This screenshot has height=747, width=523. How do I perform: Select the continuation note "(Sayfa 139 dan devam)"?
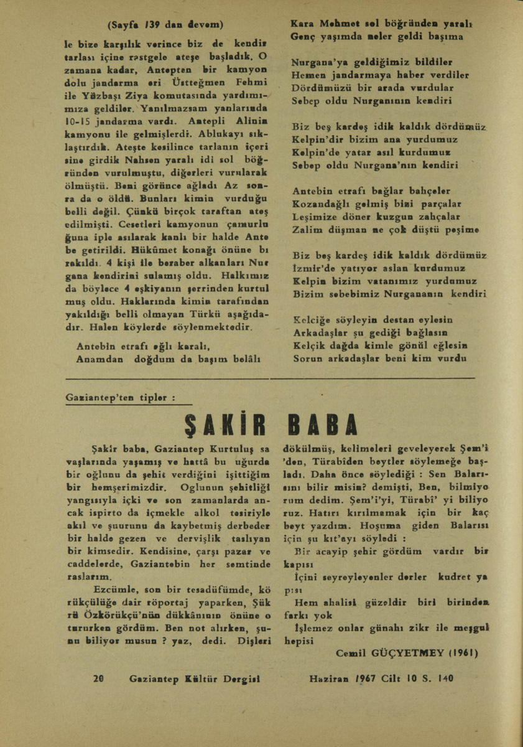click(165, 26)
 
